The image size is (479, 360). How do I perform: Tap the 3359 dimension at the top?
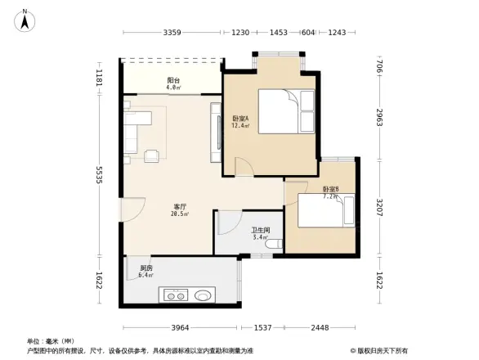[172, 32]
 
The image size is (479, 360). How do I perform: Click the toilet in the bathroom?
[275, 243]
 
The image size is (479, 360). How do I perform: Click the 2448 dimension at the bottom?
[320, 327]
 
